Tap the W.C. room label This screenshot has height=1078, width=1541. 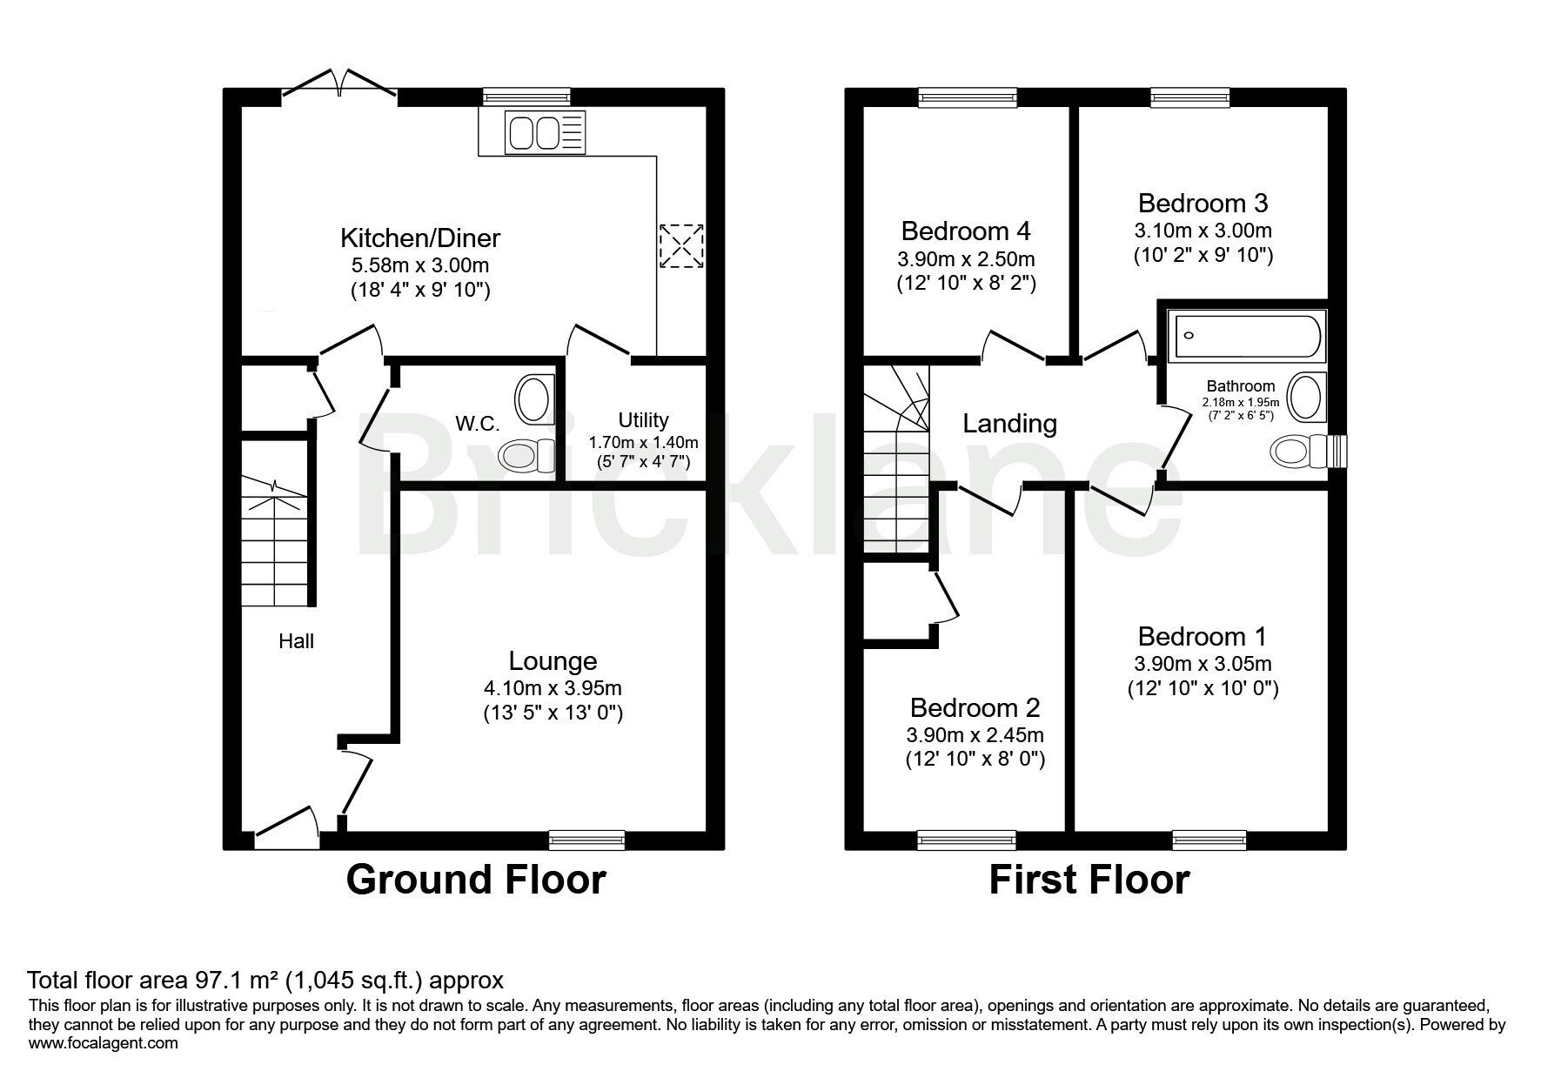point(478,424)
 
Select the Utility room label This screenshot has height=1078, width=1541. point(643,420)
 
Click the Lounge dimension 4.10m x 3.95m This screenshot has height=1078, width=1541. point(553,688)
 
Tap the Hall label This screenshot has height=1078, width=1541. point(296,641)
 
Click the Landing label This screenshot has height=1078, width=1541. point(1009,424)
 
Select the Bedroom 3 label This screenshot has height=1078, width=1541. point(1203,203)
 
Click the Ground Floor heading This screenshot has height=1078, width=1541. point(476,880)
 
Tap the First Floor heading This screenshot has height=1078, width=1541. point(1089,880)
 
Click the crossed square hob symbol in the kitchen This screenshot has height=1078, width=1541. point(680,246)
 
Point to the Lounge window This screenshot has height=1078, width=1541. point(587,840)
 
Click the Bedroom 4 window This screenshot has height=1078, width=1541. point(968,97)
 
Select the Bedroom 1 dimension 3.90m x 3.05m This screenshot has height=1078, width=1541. point(1203,664)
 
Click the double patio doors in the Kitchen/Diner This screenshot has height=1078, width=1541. point(340,85)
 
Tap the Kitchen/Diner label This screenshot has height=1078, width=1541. point(420,238)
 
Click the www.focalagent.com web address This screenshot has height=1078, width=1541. point(104,1043)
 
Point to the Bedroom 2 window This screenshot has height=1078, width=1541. point(966,840)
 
